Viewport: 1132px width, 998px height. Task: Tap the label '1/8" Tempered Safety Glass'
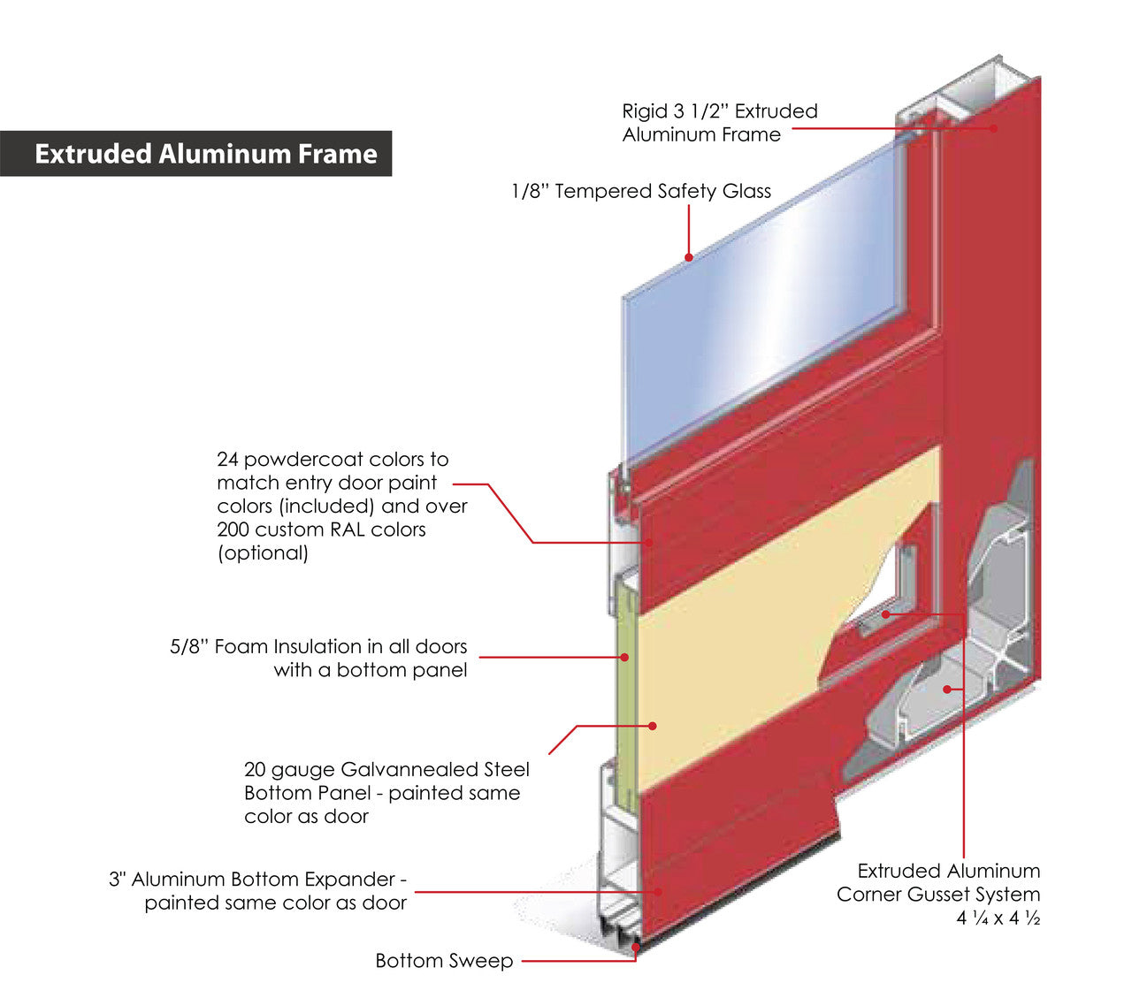point(640,191)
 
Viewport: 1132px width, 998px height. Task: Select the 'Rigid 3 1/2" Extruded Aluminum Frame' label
point(719,123)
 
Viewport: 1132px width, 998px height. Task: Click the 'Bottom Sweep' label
point(444,960)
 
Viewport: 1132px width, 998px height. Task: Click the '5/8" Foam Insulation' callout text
point(318,658)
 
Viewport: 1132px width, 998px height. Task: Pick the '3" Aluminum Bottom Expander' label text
point(257,890)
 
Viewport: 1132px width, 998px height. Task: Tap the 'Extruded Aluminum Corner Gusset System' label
point(938,882)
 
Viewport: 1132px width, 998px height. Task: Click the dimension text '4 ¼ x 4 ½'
point(997,918)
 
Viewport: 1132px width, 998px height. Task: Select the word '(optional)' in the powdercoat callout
point(263,552)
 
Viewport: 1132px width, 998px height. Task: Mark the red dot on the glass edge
point(689,257)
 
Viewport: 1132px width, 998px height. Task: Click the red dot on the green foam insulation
point(624,657)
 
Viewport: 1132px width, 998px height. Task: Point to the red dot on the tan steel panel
point(653,726)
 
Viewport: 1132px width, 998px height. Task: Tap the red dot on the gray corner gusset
point(946,688)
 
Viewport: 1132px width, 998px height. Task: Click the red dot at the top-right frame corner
point(993,128)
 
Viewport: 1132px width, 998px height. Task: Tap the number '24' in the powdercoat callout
point(228,460)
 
